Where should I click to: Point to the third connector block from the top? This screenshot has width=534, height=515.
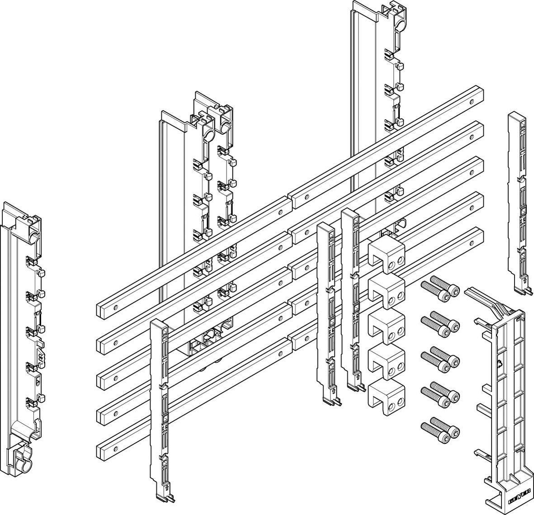[386, 325]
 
